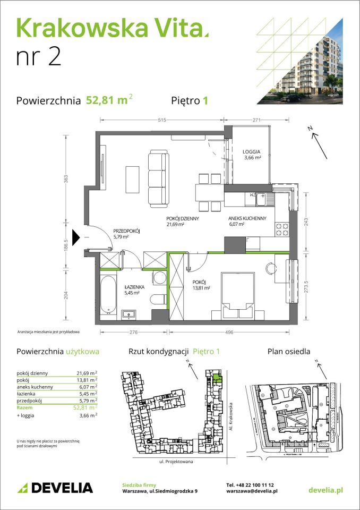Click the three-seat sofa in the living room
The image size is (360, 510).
pyautogui.click(x=157, y=178)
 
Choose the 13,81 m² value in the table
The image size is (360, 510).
pyautogui.click(x=87, y=380)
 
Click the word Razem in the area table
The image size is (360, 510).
pyautogui.click(x=24, y=408)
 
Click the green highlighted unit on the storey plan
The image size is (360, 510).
pyautogui.click(x=216, y=378)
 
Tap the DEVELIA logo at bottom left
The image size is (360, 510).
pyautogui.click(x=55, y=488)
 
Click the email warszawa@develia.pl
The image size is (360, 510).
pyautogui.click(x=252, y=492)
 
